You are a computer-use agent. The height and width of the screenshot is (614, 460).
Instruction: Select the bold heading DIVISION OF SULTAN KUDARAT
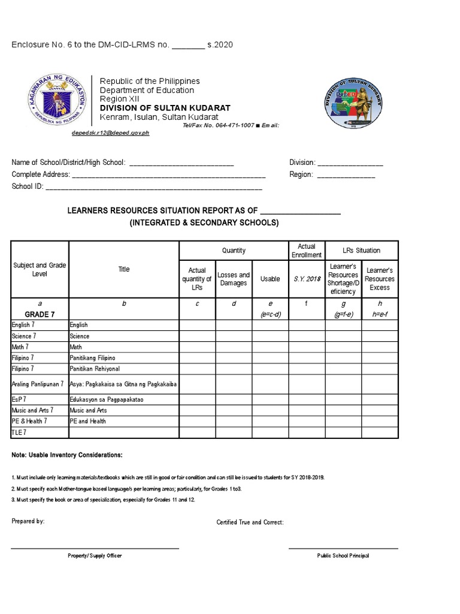165,108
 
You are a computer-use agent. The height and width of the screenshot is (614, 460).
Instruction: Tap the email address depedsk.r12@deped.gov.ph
110,133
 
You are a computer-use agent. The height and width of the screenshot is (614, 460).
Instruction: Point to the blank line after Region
346,175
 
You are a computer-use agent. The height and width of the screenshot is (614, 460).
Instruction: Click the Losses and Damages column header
234,279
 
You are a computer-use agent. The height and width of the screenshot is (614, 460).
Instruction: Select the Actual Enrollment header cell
307,251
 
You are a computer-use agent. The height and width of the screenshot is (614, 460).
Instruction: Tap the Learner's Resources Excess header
380,279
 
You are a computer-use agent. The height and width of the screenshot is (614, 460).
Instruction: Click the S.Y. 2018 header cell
307,279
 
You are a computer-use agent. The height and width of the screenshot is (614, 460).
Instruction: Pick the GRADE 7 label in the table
40,314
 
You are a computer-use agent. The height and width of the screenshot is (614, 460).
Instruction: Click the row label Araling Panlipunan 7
38,383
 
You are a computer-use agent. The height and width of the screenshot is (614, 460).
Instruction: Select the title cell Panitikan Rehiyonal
95,368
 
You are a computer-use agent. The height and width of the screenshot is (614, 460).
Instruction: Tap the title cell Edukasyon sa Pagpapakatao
107,399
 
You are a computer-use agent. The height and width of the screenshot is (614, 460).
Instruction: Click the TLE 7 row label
20,432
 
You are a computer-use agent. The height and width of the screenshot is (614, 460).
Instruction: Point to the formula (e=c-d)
270,314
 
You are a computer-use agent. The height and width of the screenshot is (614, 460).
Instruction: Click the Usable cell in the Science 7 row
270,336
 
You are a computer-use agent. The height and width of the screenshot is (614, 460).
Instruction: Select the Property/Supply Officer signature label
95,556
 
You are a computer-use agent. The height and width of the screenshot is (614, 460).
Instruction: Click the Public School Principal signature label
343,556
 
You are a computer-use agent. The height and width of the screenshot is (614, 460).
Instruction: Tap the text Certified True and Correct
250,522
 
